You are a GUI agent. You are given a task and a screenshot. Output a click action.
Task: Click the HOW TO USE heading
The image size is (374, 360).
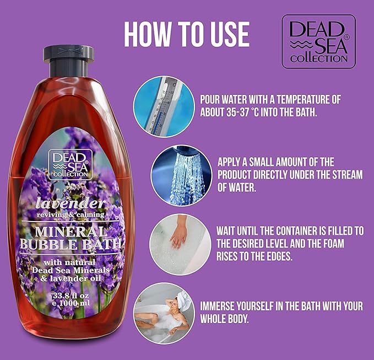pyautogui.click(x=187, y=34)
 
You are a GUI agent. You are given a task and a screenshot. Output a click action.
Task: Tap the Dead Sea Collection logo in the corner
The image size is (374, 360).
pyautogui.click(x=318, y=41)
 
